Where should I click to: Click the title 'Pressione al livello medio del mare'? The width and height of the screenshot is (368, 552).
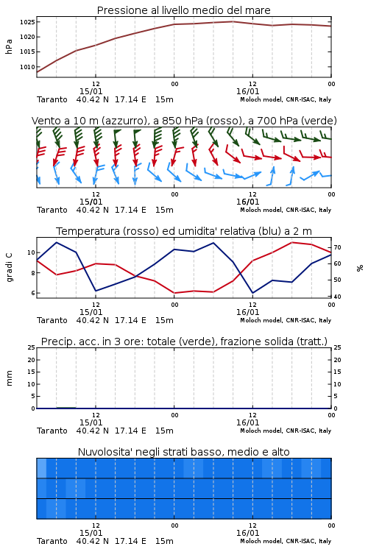(x=183, y=10)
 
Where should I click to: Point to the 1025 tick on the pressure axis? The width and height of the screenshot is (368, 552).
(x=27, y=22)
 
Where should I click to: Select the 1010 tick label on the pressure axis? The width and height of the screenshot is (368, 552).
(x=27, y=67)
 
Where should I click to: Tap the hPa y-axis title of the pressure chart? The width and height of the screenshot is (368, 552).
(x=9, y=46)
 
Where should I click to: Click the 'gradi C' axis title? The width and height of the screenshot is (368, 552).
(x=9, y=268)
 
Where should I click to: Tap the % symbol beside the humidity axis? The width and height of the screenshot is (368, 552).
(x=360, y=268)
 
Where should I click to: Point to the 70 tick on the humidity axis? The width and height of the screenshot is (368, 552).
(x=337, y=247)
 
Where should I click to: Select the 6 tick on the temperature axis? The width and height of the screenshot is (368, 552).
(x=33, y=293)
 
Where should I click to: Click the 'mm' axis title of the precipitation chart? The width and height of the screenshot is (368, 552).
(x=9, y=378)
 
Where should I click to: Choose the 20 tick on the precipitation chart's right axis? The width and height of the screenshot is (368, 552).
(x=337, y=360)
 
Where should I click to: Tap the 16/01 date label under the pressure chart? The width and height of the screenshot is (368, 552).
(x=247, y=91)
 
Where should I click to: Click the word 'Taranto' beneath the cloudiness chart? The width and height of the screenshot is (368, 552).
(x=52, y=541)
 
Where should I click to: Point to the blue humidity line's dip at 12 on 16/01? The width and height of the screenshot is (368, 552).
(x=252, y=292)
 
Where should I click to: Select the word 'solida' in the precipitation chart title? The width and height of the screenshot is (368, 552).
(x=278, y=342)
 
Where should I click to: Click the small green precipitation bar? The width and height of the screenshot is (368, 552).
(x=66, y=407)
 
